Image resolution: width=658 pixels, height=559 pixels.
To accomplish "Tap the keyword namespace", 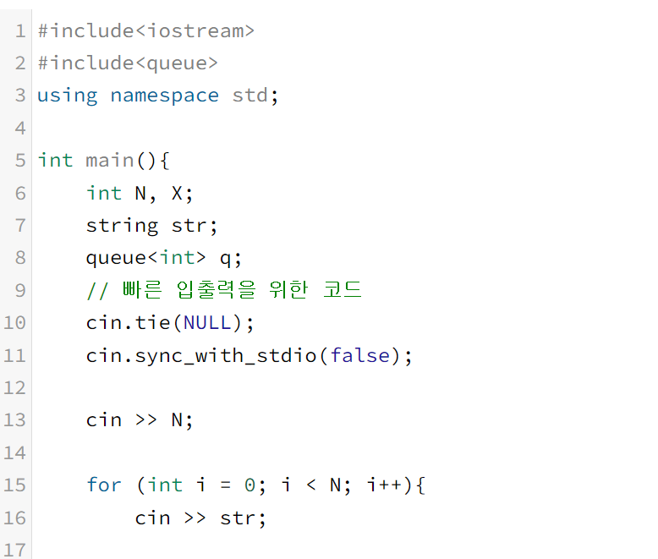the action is point(164,96).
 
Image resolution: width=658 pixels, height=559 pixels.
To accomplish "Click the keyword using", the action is point(68,96).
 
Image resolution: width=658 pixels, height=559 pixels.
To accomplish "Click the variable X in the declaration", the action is point(177,193).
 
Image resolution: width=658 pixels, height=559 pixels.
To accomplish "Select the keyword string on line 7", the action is point(122,225).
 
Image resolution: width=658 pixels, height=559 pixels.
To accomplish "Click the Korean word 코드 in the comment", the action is point(343,289).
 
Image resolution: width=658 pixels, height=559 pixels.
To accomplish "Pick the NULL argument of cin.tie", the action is point(207,322).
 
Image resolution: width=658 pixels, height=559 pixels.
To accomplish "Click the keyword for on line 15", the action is point(104,485).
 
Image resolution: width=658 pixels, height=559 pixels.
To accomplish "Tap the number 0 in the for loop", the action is point(249,485).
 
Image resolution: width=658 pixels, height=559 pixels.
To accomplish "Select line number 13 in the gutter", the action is point(15,420).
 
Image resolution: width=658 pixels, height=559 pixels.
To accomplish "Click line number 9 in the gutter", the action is point(20,289).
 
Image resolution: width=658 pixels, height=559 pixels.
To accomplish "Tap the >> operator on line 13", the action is point(146,420).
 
